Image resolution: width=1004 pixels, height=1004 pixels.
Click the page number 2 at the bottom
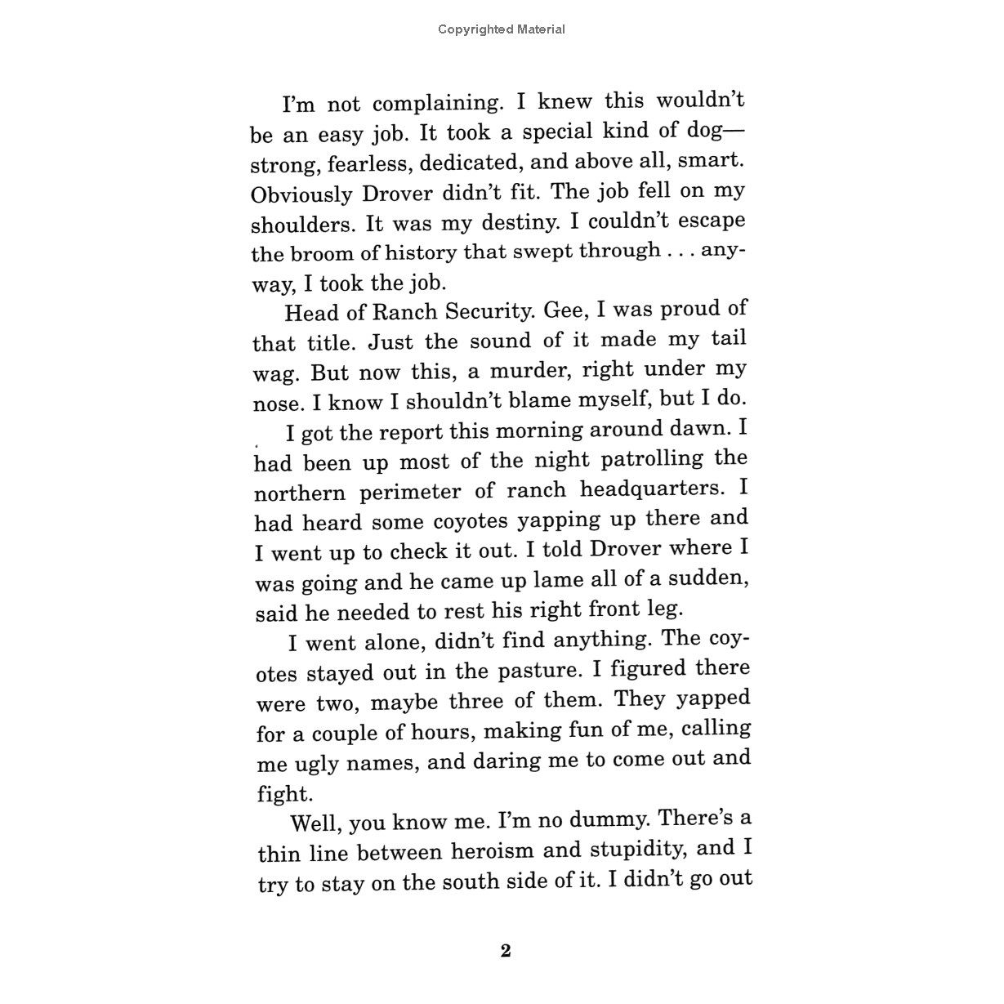(x=506, y=951)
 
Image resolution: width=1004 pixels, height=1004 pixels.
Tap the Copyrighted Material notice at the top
(x=501, y=29)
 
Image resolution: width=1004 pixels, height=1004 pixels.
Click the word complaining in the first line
(x=435, y=104)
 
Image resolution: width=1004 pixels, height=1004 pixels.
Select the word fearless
(x=370, y=163)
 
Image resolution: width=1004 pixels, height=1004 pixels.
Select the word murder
(x=530, y=371)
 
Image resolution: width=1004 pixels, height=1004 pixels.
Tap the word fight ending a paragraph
(x=283, y=793)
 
